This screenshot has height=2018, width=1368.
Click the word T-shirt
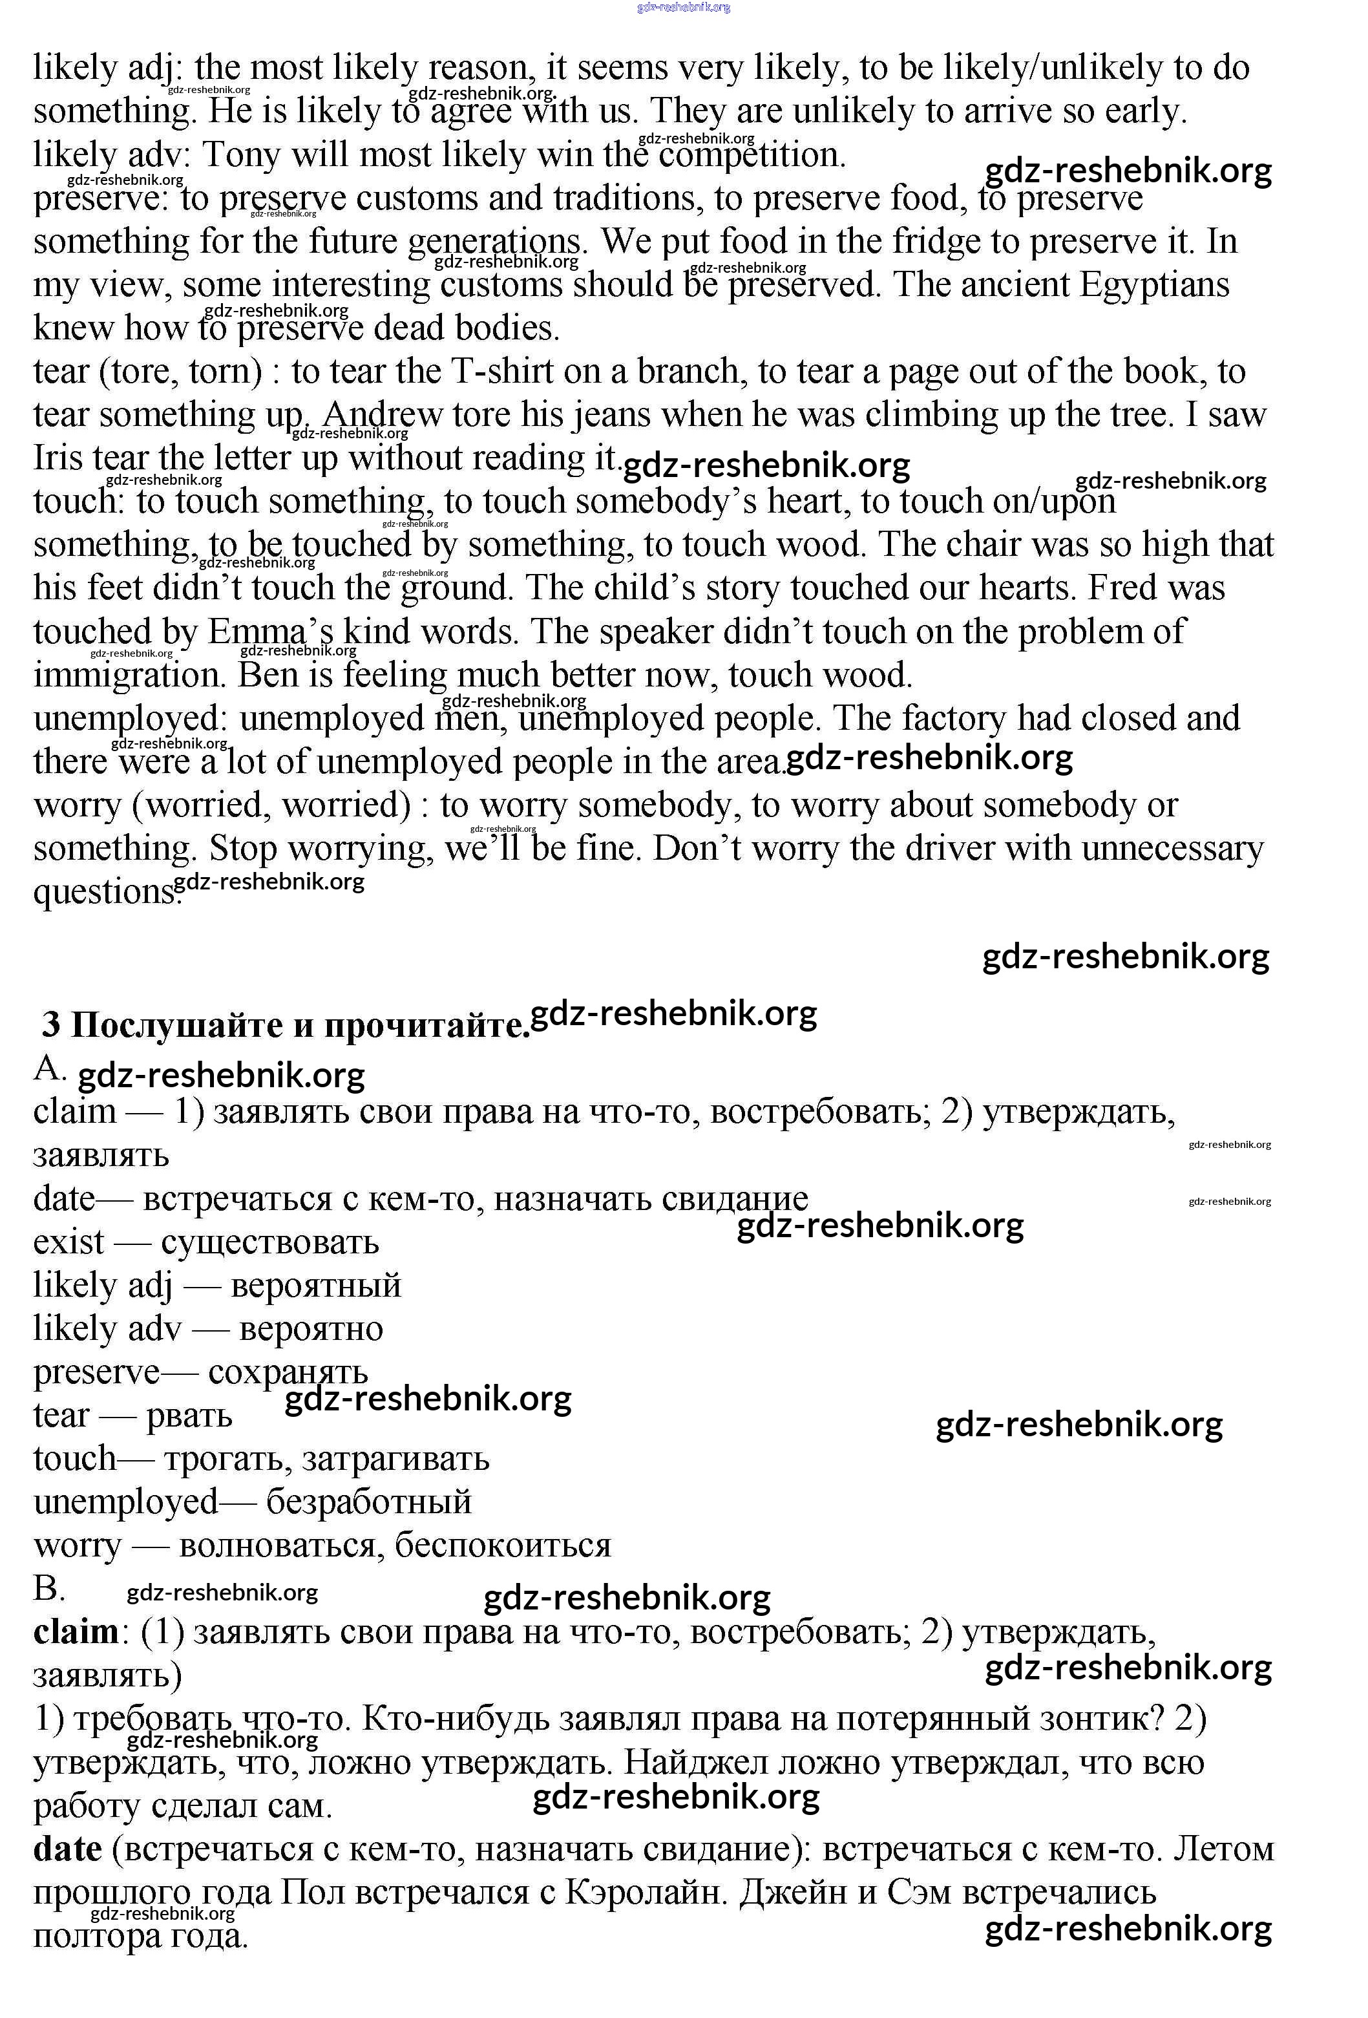point(501,372)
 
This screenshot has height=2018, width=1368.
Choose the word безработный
point(368,1502)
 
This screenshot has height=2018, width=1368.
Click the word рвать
point(189,1416)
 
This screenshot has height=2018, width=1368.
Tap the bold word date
point(67,1849)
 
